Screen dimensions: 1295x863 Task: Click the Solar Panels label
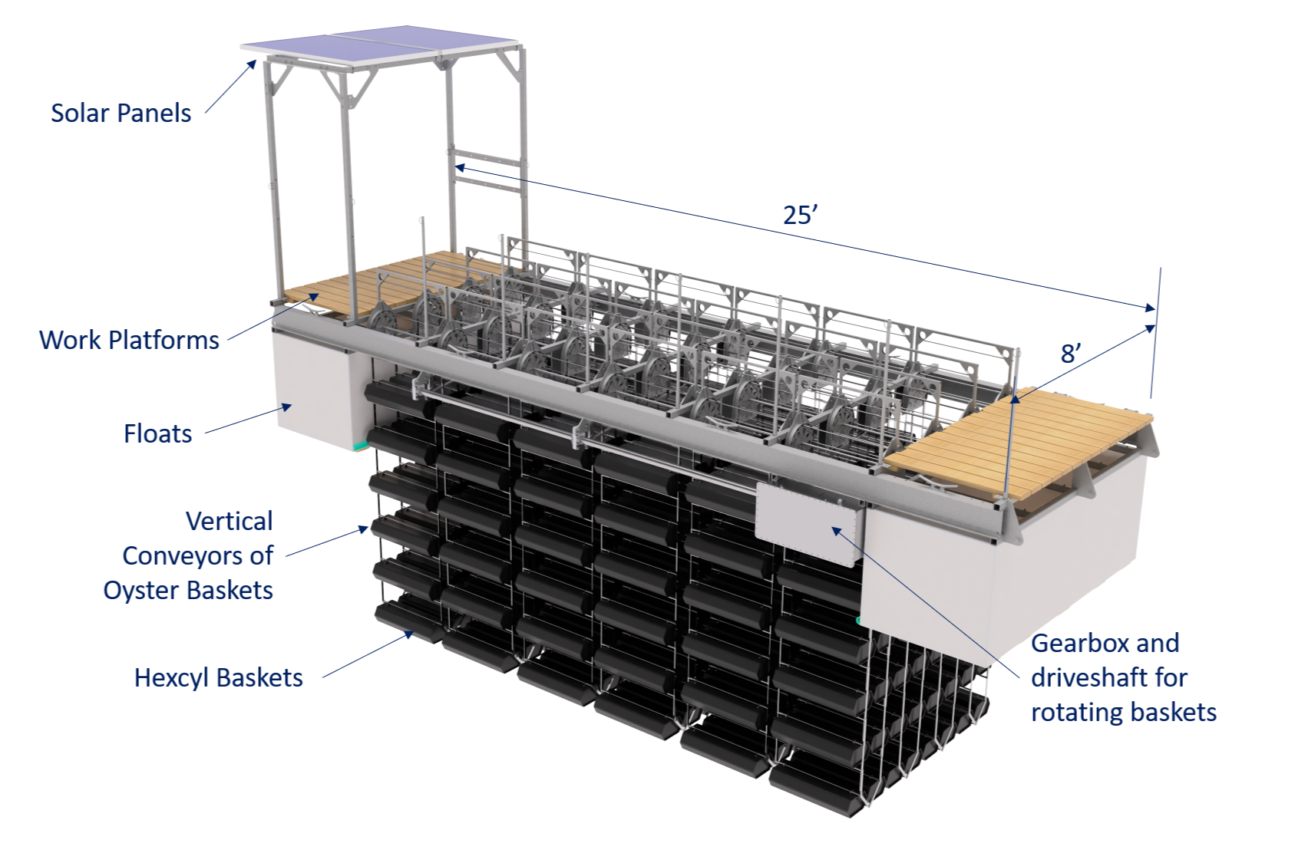[121, 114]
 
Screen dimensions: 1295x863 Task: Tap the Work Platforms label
[129, 340]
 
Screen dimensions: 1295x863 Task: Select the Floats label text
[157, 434]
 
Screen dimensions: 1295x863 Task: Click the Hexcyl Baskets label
[218, 678]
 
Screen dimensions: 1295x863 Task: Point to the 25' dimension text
[800, 215]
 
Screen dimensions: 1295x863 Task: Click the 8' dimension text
[1071, 353]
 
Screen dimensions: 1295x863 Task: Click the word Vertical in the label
[229, 522]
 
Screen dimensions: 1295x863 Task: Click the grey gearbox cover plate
[806, 522]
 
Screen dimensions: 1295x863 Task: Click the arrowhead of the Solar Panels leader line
[253, 63]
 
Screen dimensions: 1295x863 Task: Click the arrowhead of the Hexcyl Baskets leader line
[410, 634]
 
